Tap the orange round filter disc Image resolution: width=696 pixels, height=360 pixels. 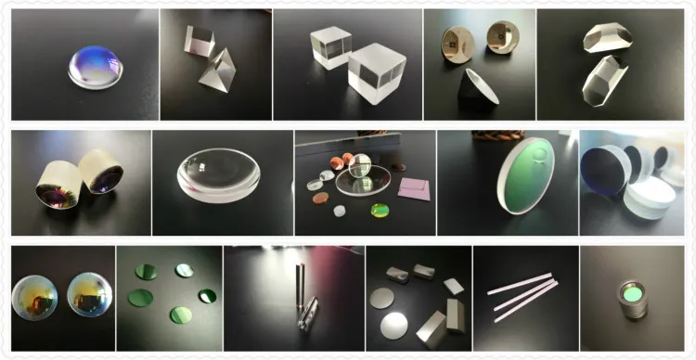pos(320,198)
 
